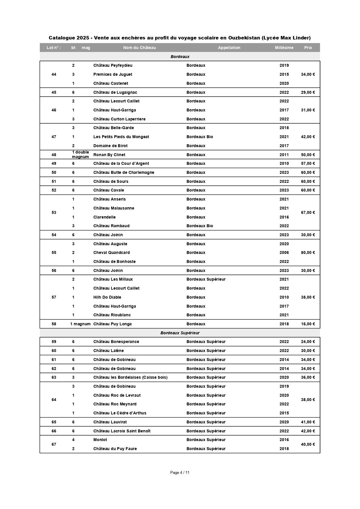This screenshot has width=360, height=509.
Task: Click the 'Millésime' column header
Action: coord(284,48)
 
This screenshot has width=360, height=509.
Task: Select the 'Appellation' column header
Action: coord(229,48)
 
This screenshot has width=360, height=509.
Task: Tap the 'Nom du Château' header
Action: coord(140,48)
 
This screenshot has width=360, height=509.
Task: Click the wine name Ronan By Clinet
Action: coord(109,155)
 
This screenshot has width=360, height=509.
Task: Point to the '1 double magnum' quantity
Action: coord(80,154)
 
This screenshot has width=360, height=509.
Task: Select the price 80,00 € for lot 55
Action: coord(308,252)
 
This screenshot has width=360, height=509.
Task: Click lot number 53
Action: coord(54,212)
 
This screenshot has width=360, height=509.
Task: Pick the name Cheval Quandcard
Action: coord(111,252)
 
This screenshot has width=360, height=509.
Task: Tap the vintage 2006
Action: coord(284,252)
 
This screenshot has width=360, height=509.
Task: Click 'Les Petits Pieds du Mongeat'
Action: coord(121,137)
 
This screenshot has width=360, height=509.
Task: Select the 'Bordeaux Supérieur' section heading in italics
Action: coord(180,333)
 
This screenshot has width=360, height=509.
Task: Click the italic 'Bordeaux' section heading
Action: coord(180,57)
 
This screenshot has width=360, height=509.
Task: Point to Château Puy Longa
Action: coord(112,324)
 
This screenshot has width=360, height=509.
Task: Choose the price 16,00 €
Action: coord(308,324)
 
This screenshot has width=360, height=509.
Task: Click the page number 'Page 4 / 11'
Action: coord(180,472)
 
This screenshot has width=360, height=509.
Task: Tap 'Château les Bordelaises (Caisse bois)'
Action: coord(130,377)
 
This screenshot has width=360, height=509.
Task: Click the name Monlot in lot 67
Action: coord(100,440)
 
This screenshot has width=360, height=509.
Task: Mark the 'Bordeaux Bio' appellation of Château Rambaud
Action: coord(200,226)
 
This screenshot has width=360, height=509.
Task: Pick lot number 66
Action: coord(54,431)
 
